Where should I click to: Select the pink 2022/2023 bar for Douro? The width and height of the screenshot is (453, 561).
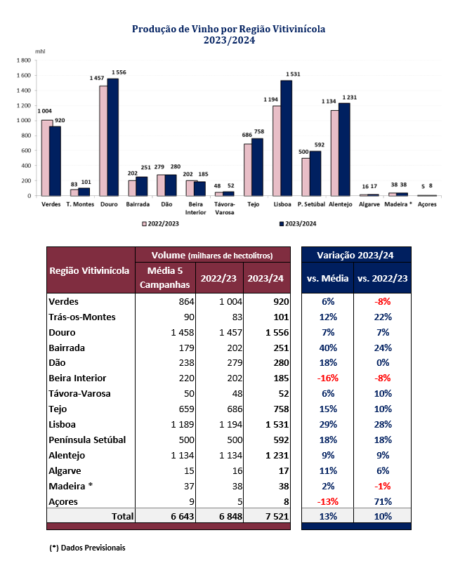click(x=103, y=140)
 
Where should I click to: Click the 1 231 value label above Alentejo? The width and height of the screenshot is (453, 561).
click(x=349, y=97)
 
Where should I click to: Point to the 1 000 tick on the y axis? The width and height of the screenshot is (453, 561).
click(x=22, y=120)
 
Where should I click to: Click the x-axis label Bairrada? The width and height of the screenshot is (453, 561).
click(x=137, y=204)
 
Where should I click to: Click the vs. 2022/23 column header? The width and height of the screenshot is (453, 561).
click(x=382, y=279)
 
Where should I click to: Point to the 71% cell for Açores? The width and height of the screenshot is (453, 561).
click(x=382, y=501)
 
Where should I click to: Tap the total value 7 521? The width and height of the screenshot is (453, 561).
click(x=268, y=516)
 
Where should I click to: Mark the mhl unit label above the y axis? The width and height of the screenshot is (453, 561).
click(x=39, y=53)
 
